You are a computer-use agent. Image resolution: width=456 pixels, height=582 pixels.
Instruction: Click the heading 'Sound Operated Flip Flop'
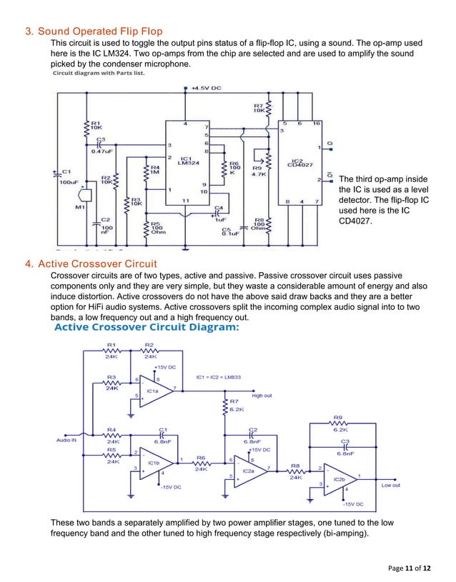[x=100, y=31]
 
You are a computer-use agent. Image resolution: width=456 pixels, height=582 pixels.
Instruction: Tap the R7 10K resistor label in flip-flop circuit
[x=259, y=109]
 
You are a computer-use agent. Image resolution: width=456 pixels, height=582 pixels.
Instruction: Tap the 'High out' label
[x=262, y=394]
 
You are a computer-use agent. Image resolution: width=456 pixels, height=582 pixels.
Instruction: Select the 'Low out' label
[x=390, y=486]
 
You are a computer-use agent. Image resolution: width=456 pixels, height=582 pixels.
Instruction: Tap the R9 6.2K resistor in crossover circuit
[x=339, y=426]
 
